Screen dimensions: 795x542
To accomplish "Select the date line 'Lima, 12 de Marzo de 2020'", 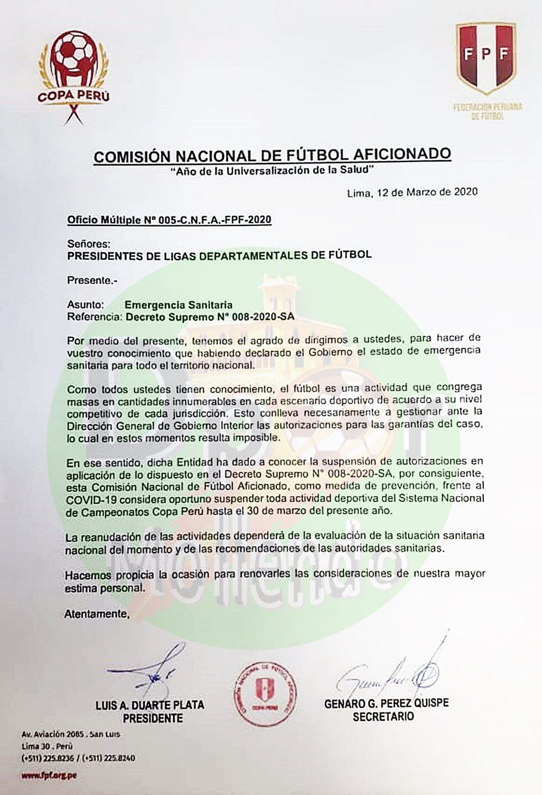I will [x=412, y=193].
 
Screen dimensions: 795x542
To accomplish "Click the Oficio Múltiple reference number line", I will [x=169, y=220].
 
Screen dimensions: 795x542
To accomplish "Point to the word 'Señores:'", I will [x=88, y=243].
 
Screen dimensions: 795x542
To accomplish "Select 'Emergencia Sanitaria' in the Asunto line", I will [x=178, y=305].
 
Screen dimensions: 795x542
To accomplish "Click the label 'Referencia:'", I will [x=94, y=317].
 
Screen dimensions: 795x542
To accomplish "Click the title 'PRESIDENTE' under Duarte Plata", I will [x=153, y=718].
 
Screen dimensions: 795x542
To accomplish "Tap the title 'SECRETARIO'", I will [x=383, y=717].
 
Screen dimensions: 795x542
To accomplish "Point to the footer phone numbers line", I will [x=78, y=758].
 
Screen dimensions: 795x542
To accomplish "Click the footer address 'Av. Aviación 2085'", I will [x=53, y=735].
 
